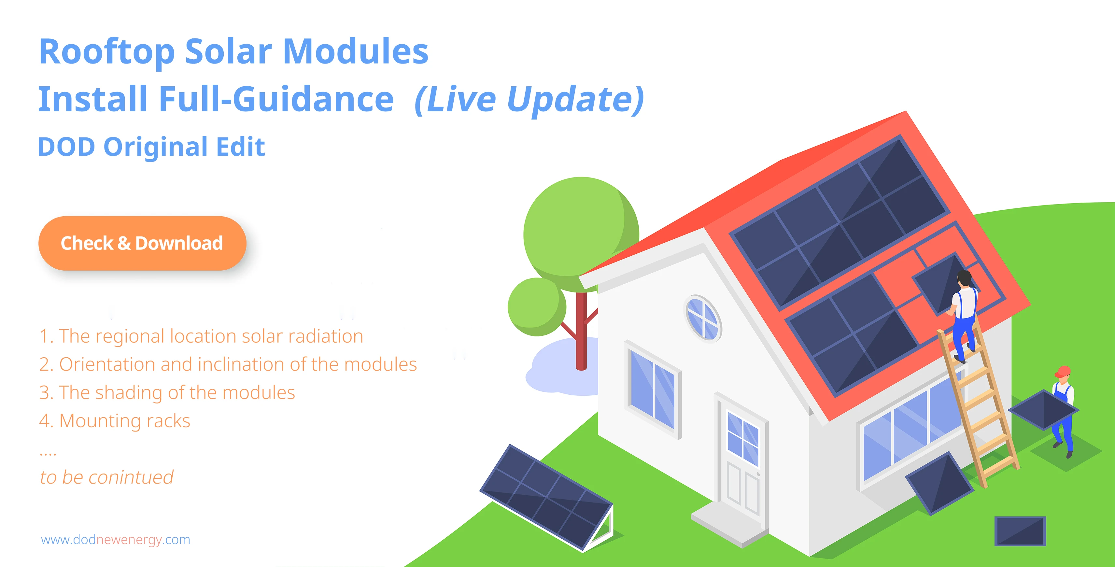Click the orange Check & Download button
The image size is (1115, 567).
[x=142, y=243]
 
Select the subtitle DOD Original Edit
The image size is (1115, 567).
[x=151, y=147]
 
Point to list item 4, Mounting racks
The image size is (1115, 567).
[x=115, y=421]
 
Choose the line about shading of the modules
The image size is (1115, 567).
[x=167, y=392]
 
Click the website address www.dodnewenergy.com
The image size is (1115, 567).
[x=116, y=540]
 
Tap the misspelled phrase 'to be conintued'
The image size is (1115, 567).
[x=106, y=477]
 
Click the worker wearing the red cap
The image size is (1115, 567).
[x=1064, y=411]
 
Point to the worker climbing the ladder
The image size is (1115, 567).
[x=963, y=316]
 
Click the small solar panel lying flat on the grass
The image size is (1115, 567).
[x=1020, y=531]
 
